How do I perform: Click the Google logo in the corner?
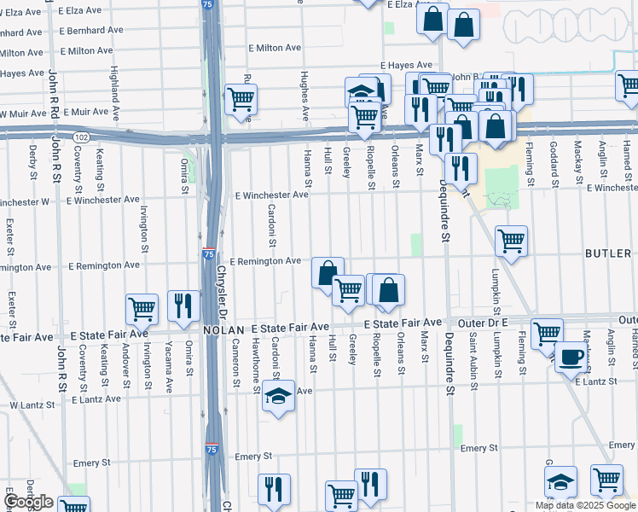(x=29, y=502)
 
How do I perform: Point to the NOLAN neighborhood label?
(x=223, y=329)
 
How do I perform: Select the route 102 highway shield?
(x=81, y=137)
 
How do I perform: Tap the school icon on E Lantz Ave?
(x=278, y=396)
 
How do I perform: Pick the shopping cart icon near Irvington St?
(x=142, y=309)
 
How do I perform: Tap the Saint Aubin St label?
(x=473, y=358)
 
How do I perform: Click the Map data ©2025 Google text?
(x=585, y=505)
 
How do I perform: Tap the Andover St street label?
(x=125, y=365)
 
